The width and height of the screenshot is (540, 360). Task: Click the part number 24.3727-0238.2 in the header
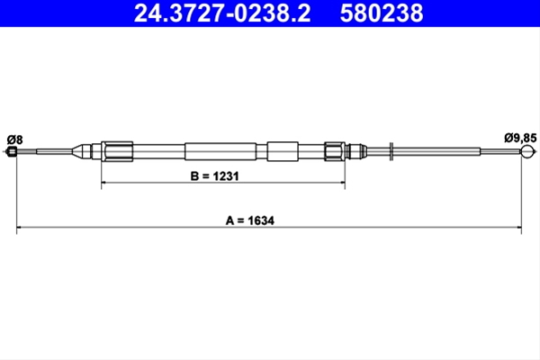click(222, 13)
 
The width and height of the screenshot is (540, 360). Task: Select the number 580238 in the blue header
click(382, 13)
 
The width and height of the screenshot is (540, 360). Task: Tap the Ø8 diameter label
click(14, 139)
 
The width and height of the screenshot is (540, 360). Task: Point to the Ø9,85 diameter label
click(520, 138)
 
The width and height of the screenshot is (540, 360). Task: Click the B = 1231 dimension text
click(214, 176)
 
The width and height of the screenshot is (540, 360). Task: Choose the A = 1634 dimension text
click(250, 220)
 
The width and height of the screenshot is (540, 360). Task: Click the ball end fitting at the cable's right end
click(527, 151)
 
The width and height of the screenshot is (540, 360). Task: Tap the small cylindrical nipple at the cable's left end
click(12, 151)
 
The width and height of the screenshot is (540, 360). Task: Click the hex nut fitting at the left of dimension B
click(117, 151)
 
